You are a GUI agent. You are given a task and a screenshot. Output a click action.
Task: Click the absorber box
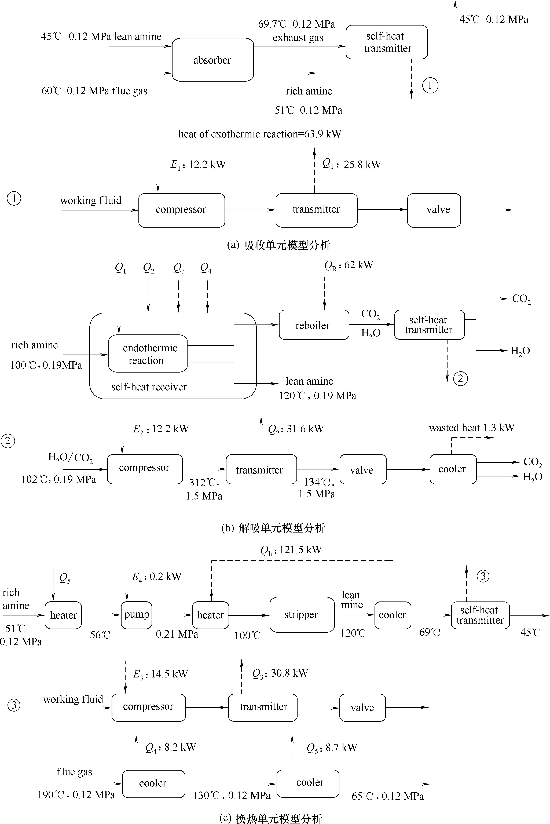[x=212, y=60]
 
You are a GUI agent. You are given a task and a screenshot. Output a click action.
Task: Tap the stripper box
[x=302, y=615]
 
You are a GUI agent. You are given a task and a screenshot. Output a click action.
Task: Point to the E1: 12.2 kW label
[x=198, y=165]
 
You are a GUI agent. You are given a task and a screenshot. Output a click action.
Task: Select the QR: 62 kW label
[x=349, y=265]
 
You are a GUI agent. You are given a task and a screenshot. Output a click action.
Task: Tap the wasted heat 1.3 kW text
[x=471, y=428]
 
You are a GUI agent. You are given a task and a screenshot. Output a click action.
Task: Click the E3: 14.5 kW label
[x=161, y=674]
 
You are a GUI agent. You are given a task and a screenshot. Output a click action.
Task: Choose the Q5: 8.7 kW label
[x=332, y=748]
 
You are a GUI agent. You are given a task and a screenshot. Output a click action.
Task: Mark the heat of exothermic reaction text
[x=260, y=134]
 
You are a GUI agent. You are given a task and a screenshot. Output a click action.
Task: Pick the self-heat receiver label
[x=149, y=387]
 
